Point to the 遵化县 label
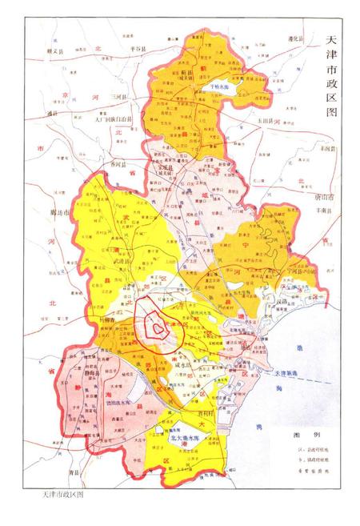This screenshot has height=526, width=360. point(295,38)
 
